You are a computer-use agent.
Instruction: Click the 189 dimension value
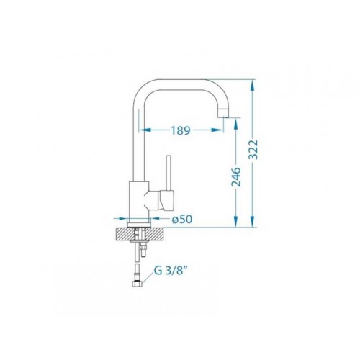point(181,130)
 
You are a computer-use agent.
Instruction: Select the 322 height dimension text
point(253,149)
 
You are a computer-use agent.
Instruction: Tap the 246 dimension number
point(236,177)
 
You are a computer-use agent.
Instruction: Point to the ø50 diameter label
point(182,219)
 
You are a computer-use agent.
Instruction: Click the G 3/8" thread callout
point(170,271)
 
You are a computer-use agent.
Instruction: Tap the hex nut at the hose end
point(137,284)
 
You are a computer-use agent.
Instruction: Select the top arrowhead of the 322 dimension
point(252,85)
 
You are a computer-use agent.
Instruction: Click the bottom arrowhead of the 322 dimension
point(252,221)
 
